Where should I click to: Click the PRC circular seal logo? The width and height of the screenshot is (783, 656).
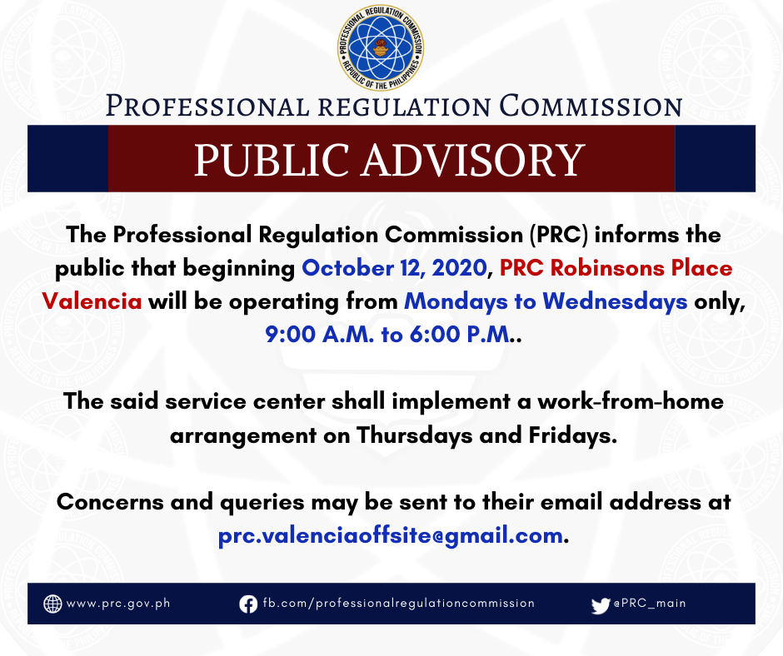[x=381, y=48]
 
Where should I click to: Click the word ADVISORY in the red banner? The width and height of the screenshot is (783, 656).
[x=473, y=160]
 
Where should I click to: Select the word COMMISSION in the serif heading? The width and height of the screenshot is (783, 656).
[x=591, y=107]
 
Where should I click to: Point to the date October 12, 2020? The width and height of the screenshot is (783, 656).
[x=395, y=268]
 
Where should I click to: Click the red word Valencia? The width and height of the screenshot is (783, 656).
[x=92, y=301]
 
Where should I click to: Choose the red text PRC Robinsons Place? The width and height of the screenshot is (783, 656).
[x=616, y=268]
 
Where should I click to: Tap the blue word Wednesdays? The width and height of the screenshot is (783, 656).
[x=615, y=301]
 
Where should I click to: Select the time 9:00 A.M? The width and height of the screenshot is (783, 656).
[x=319, y=335]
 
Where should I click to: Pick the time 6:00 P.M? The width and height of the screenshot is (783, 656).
[x=461, y=335]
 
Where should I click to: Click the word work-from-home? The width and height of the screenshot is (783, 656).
[x=631, y=401]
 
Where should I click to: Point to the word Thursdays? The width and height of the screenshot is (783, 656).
[x=415, y=435]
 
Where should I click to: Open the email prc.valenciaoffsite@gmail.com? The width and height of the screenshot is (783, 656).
[x=391, y=535]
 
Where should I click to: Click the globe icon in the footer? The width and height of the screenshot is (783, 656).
[x=52, y=604]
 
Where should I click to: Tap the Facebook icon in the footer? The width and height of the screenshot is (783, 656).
[x=248, y=604]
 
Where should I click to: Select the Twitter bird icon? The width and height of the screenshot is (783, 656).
[x=601, y=605]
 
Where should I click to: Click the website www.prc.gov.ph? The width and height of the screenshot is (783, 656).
[x=118, y=604]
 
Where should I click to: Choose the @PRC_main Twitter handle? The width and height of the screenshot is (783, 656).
[x=650, y=603]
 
